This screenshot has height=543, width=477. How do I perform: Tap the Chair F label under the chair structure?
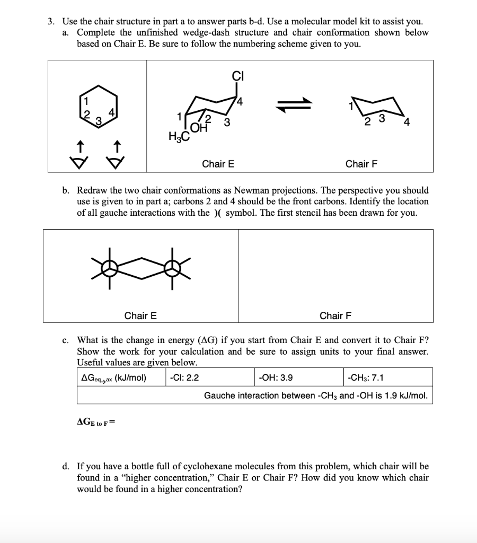[361, 164]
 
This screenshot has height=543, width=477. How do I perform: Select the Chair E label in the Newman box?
[140, 316]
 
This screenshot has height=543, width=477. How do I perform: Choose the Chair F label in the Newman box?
[335, 316]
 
